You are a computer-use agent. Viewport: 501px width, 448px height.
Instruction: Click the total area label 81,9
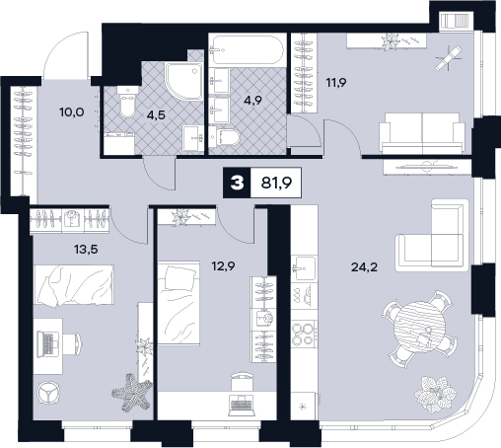pyautogui.click(x=276, y=183)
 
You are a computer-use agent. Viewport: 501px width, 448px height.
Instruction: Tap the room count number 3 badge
pyautogui.click(x=237, y=183)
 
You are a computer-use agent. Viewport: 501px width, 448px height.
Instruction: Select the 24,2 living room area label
pyautogui.click(x=364, y=267)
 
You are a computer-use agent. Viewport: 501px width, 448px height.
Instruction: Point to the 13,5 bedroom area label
pyautogui.click(x=86, y=250)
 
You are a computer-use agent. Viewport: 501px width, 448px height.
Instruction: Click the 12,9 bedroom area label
pyautogui.click(x=223, y=265)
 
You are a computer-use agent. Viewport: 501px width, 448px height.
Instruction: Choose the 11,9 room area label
pyautogui.click(x=336, y=82)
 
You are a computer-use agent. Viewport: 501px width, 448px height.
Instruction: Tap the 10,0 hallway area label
pyautogui.click(x=72, y=112)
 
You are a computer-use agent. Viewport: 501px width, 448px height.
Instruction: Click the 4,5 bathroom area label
pyautogui.click(x=156, y=115)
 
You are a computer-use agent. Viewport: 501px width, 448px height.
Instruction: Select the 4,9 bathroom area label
pyautogui.click(x=252, y=100)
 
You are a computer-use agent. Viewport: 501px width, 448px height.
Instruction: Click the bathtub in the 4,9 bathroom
pyautogui.click(x=247, y=50)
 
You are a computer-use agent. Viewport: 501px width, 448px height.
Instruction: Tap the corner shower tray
pyautogui.click(x=184, y=81)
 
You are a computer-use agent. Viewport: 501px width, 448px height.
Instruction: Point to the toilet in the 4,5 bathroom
pyautogui.click(x=126, y=102)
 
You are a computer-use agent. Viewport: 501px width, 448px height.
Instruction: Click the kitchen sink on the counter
pyautogui.click(x=305, y=268)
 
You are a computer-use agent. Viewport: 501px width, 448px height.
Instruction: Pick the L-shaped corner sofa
pyautogui.click(x=432, y=236)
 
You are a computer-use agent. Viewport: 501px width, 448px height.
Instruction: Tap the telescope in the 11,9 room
pyautogui.click(x=449, y=58)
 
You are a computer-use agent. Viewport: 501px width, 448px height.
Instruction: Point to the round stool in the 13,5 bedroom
pyautogui.click(x=48, y=393)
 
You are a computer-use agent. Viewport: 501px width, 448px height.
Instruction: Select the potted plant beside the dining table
pyautogui.click(x=435, y=394)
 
